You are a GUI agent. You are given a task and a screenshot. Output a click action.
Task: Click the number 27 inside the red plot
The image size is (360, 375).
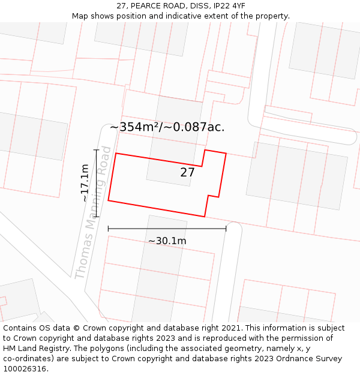[x=187, y=173]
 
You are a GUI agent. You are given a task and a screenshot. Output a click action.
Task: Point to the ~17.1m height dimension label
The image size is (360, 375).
[x=85, y=182]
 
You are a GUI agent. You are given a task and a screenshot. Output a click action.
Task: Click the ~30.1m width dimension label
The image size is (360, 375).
[x=167, y=241]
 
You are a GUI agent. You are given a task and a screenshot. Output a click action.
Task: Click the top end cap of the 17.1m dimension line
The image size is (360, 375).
[x=96, y=150]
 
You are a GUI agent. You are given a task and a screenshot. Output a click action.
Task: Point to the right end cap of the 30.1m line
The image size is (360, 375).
[x=226, y=229]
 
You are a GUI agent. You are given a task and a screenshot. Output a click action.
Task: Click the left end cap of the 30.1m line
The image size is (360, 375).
[x=108, y=229]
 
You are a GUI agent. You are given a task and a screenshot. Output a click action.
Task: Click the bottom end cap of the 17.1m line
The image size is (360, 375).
[x=96, y=216]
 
